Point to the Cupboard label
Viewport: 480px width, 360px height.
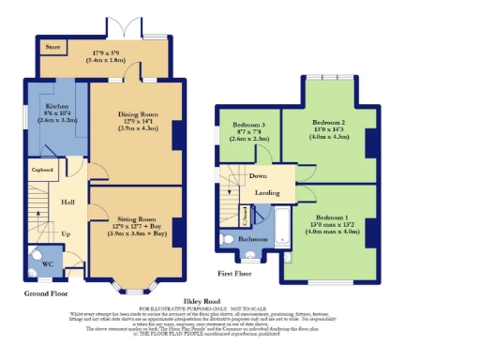pos(42,170)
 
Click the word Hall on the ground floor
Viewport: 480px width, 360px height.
pos(67,202)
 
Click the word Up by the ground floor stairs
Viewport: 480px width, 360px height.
pos(66,233)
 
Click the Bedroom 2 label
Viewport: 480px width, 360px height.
pos(328,123)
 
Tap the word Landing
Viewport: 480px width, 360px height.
pos(267,192)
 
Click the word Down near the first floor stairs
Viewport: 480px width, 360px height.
pos(258,175)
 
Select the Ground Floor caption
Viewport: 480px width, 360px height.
pos(47,293)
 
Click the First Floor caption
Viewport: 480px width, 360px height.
pos(236,274)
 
